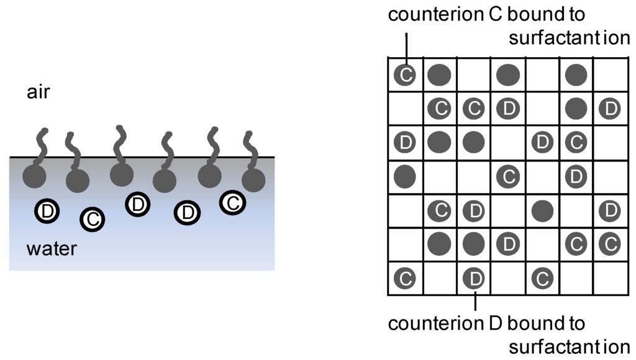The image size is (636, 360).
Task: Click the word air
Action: [x=38, y=92]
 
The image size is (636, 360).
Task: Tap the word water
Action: [x=52, y=250]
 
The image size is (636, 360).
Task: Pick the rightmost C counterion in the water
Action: [x=232, y=202]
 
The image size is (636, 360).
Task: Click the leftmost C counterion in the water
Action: [x=93, y=218]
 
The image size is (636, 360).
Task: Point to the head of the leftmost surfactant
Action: [x=35, y=178]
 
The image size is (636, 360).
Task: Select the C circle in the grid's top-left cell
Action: [x=405, y=75]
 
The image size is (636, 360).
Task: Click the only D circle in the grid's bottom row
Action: [x=475, y=277]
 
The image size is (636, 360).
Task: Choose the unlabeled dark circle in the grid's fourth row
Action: [x=405, y=177]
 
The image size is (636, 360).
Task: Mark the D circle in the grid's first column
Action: [x=405, y=143]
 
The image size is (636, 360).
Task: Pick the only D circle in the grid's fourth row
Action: [x=576, y=177]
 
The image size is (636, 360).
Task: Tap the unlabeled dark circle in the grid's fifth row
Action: [x=542, y=210]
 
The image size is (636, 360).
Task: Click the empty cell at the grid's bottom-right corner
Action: [x=610, y=277]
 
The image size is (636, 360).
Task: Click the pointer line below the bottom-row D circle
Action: [x=475, y=301]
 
